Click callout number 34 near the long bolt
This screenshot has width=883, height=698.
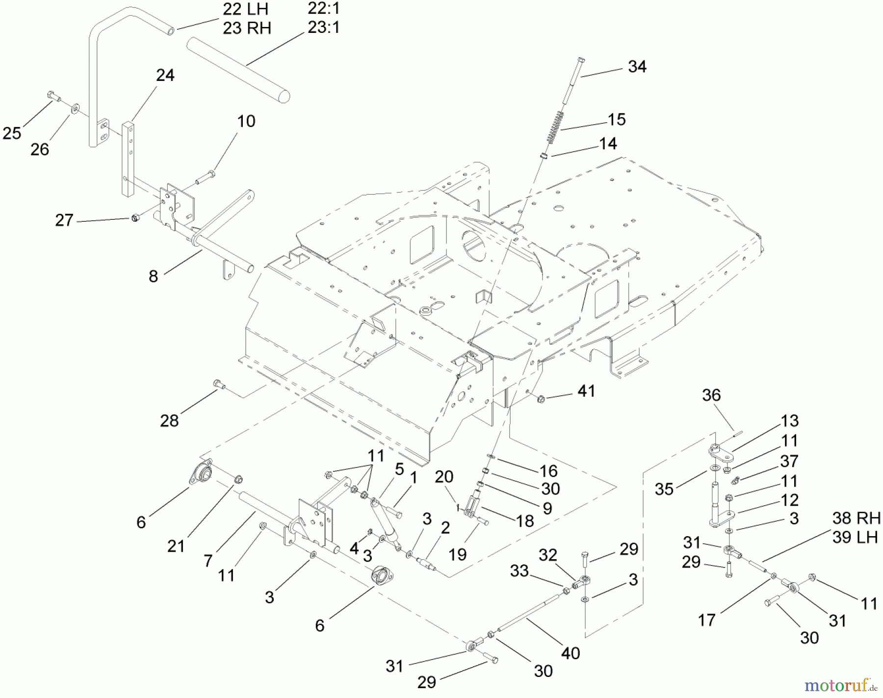637,67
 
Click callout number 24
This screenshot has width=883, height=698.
165,76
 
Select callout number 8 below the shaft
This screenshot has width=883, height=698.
154,276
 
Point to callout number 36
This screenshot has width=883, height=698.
711,395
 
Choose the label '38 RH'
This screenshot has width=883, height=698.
856,518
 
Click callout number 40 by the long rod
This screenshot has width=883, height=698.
571,653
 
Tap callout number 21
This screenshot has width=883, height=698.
176,545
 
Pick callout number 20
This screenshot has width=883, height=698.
444,476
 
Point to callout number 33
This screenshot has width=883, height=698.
519,570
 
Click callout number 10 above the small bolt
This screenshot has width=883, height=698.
246,121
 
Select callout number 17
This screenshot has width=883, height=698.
706,620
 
